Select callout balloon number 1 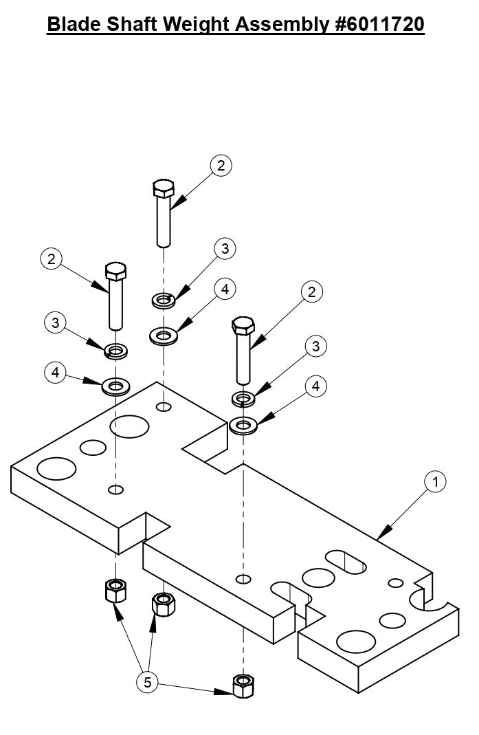(x=434, y=482)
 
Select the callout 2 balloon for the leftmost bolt (x=52, y=259)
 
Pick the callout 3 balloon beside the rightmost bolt (x=315, y=346)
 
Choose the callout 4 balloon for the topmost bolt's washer (x=225, y=289)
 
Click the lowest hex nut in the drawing (x=243, y=685)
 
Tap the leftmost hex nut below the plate (x=115, y=590)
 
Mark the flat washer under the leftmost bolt (x=115, y=385)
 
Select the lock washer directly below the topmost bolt (x=163, y=300)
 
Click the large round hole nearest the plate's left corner (x=56, y=469)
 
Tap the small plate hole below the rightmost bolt (x=242, y=577)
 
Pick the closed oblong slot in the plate (x=346, y=560)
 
